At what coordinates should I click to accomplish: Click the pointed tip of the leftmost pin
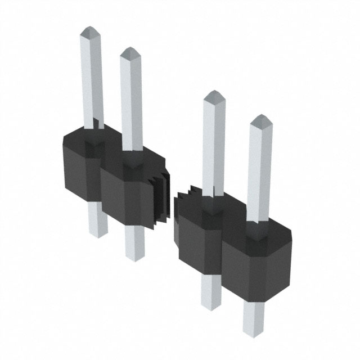point(90,31)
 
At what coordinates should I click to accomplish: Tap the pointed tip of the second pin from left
point(130,53)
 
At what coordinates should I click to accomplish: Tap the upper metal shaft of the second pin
point(131,101)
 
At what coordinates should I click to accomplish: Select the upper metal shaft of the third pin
point(214,146)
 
